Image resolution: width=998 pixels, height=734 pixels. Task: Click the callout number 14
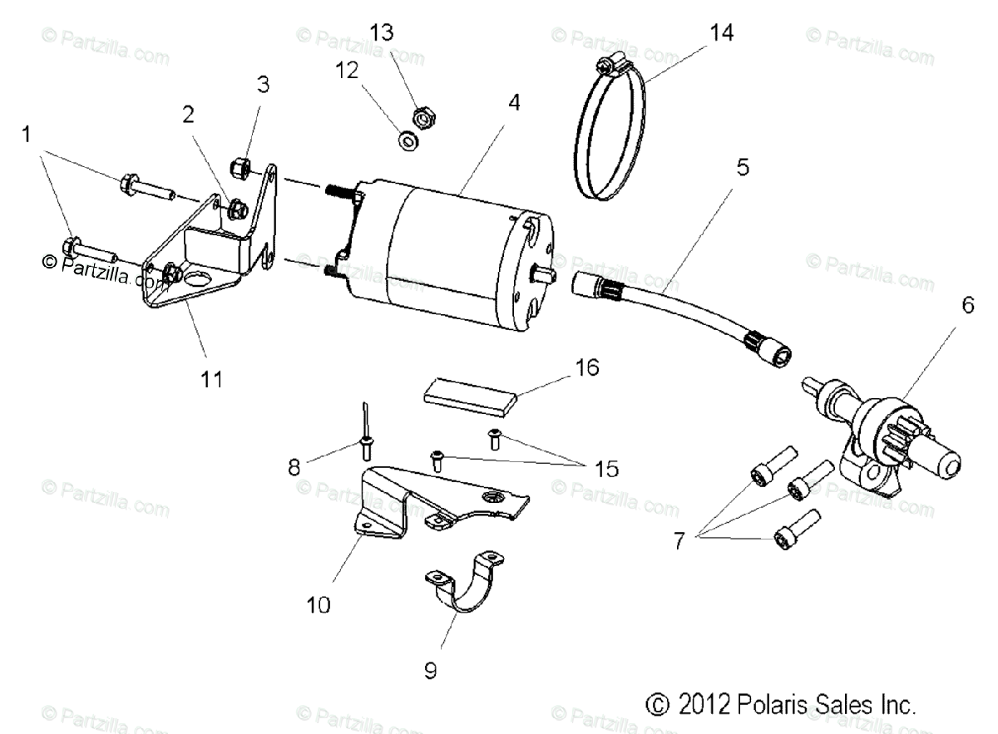(722, 32)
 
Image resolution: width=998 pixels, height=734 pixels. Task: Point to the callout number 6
(967, 304)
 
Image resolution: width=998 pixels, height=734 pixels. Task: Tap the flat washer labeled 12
(408, 140)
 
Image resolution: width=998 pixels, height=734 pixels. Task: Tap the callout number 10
(319, 604)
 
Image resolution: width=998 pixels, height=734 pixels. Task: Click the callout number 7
(679, 542)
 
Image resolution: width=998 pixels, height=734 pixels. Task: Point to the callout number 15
(606, 469)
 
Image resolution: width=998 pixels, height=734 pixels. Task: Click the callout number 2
(189, 115)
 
